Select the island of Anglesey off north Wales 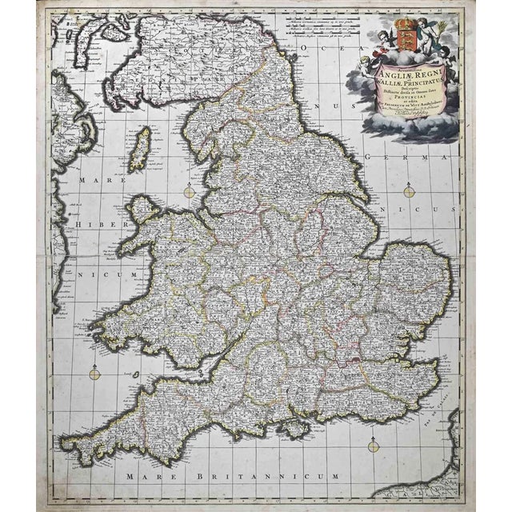click(x=144, y=211)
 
